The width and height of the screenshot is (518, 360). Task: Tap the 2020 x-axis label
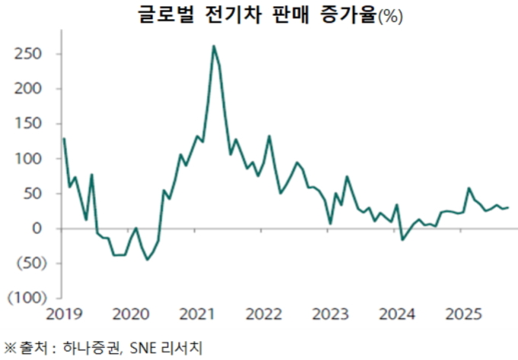(130, 314)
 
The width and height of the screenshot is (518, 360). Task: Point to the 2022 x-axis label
(264, 314)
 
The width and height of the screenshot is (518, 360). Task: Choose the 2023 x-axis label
(331, 314)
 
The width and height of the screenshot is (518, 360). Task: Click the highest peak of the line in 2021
(213, 46)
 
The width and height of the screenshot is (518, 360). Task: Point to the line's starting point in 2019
(64, 139)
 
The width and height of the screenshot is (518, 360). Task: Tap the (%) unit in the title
(389, 17)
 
